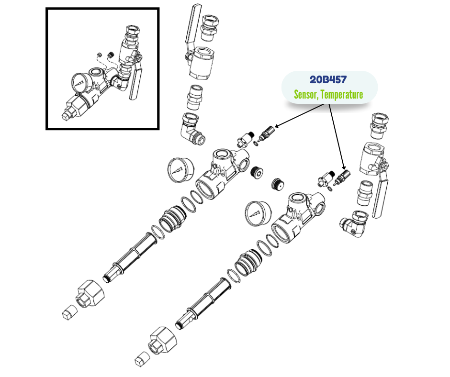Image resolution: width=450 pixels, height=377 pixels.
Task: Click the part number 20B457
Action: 328,79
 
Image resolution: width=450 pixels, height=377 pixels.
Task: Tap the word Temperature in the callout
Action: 342,94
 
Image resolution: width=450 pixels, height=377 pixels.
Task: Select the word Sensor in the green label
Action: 306,94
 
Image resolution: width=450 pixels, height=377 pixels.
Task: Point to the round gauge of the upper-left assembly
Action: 180,170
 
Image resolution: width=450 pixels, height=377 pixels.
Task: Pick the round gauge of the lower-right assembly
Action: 258,213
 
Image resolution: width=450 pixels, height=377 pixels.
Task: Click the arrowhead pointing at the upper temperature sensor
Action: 277,126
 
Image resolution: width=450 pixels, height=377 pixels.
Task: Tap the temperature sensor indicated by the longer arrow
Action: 341,178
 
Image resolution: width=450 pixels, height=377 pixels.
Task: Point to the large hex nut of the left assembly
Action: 90,294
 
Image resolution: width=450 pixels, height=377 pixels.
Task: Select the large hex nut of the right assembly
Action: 163,341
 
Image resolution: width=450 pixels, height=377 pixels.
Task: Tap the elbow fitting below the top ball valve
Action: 192,128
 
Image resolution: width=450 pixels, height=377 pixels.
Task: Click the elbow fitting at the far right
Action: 354,224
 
